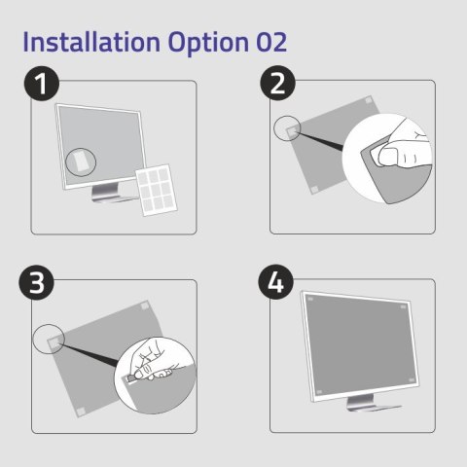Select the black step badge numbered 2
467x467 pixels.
279,86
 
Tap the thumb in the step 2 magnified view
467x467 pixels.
398,157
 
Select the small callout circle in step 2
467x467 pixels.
285,129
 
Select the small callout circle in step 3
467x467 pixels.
47,339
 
